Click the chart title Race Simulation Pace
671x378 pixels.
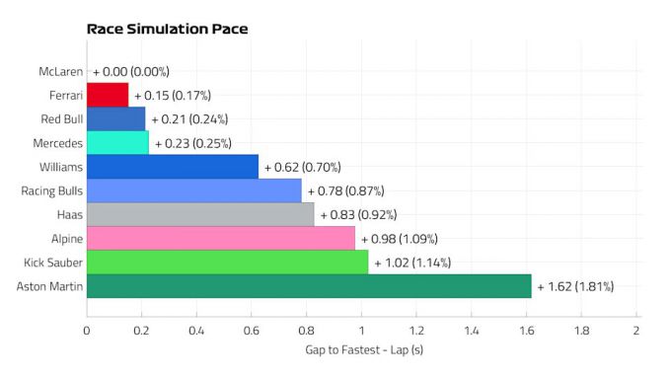click(167, 29)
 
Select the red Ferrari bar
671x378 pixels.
click(108, 95)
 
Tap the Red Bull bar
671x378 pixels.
click(115, 118)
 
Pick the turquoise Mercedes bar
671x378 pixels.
click(117, 143)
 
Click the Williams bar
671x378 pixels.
click(173, 167)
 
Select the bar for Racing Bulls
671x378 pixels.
click(194, 190)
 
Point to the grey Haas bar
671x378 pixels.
click(200, 214)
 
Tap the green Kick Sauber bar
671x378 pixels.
click(227, 263)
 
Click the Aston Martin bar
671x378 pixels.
click(309, 286)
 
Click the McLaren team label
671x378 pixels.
click(60, 71)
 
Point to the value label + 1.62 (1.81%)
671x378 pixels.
click(575, 287)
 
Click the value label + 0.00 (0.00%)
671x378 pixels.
click(131, 71)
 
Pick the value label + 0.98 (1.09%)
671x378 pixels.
click(399, 239)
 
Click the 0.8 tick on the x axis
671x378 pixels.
click(307, 330)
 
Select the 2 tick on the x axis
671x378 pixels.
click(636, 330)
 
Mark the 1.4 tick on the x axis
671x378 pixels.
click(472, 330)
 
